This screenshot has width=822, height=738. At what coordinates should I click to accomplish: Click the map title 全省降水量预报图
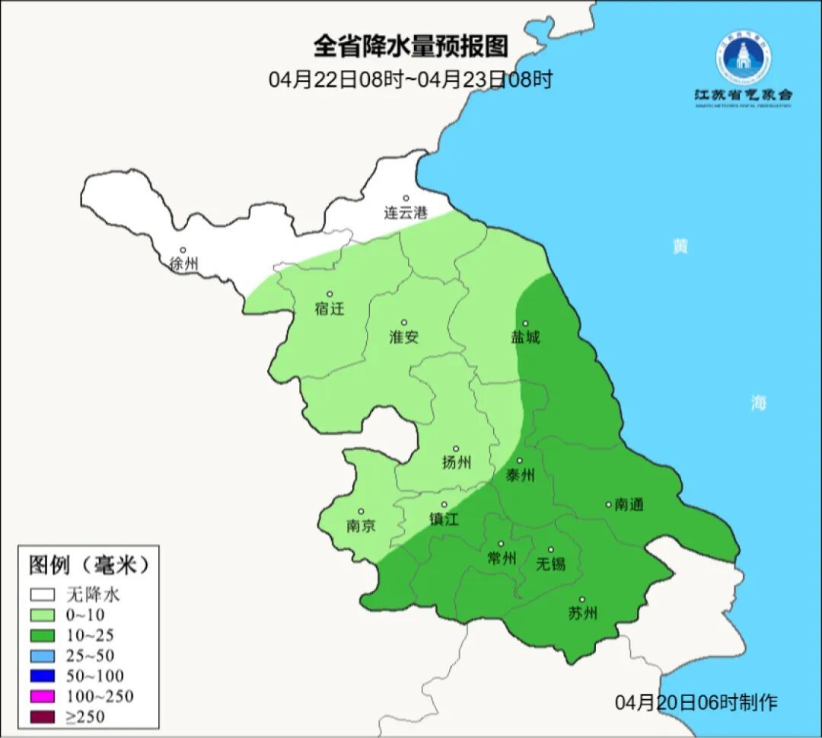point(410,46)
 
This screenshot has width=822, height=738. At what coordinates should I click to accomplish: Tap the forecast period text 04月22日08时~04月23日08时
point(410,79)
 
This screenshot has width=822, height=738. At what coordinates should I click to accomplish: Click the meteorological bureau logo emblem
point(742,58)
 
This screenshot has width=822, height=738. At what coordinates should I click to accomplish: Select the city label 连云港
point(406,213)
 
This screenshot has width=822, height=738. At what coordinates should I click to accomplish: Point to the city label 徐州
point(183,264)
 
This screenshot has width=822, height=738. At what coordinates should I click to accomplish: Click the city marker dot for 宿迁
point(330,294)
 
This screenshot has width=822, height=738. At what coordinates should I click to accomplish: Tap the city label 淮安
point(404,337)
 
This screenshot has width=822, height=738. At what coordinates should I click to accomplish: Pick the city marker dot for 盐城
point(524,323)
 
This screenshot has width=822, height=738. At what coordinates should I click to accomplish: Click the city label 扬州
point(456,462)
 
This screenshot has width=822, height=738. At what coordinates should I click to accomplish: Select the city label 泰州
point(521,476)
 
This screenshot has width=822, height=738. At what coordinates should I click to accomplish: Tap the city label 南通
point(629,504)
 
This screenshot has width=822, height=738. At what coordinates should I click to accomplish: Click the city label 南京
point(361,526)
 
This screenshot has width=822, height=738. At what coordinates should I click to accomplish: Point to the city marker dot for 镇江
point(444,504)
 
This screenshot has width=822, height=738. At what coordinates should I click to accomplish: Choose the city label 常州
point(502,558)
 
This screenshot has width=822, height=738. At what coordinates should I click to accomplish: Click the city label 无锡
point(551,564)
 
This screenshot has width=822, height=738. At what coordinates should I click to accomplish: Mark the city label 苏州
point(583,613)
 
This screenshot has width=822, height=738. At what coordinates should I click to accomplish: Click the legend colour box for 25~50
point(43,655)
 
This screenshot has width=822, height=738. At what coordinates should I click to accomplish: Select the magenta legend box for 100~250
point(43,696)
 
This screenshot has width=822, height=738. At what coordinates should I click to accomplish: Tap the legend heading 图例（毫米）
point(88,565)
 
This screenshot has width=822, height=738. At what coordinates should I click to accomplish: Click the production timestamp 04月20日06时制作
point(696,702)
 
